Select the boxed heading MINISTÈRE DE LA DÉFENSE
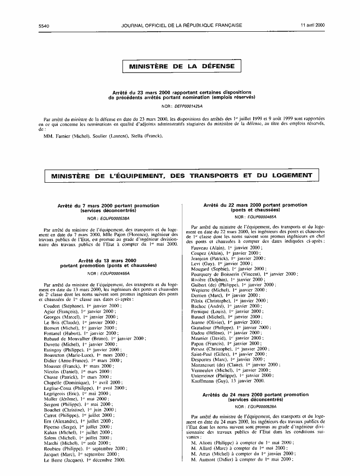click(182, 66)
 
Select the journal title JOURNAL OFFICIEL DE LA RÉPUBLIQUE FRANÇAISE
click(182, 25)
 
